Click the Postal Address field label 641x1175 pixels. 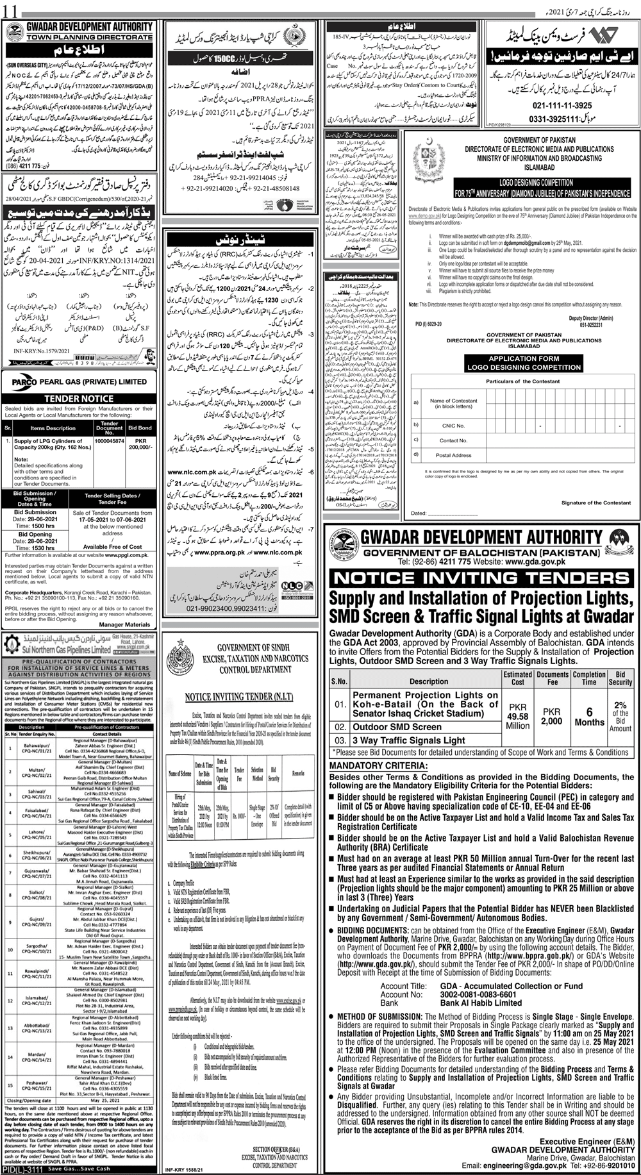453,455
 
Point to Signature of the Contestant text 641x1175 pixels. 584,503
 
